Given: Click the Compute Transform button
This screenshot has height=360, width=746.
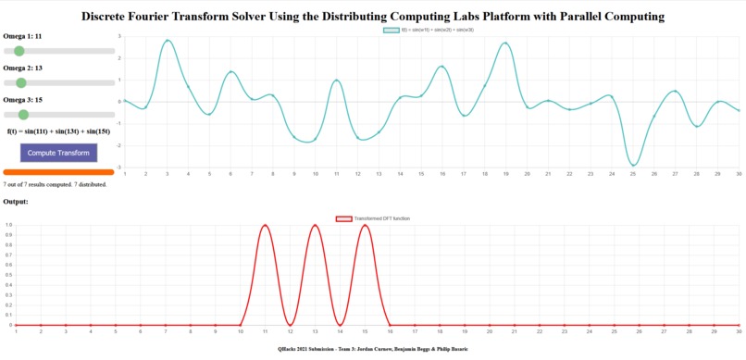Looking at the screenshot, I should (58, 153).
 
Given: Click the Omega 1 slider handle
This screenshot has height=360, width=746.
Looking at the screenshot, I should (19, 51).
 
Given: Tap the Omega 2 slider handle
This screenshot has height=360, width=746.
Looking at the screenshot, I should (21, 83).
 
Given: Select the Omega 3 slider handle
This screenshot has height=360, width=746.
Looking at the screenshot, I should (24, 115).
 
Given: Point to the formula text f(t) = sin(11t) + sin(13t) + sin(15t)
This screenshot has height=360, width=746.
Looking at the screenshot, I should (58, 131).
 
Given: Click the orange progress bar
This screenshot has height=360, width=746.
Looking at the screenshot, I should (58, 172).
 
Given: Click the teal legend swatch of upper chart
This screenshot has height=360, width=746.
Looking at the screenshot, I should (392, 30).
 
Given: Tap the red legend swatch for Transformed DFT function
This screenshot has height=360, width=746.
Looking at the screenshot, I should (343, 218).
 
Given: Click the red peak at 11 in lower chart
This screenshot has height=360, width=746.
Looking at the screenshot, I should (266, 225).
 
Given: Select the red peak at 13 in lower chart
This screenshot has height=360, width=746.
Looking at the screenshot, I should (316, 225).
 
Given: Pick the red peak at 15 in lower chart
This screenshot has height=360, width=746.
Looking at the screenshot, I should (366, 225).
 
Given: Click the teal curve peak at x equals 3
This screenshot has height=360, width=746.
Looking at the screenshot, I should (167, 41).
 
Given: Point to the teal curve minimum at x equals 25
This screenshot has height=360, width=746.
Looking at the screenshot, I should (633, 166).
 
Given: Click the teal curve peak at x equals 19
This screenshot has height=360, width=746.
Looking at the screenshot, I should (505, 43).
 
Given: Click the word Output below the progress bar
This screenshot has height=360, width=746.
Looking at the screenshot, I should (16, 201).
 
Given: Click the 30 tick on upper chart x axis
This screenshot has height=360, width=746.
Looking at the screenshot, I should (738, 174).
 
